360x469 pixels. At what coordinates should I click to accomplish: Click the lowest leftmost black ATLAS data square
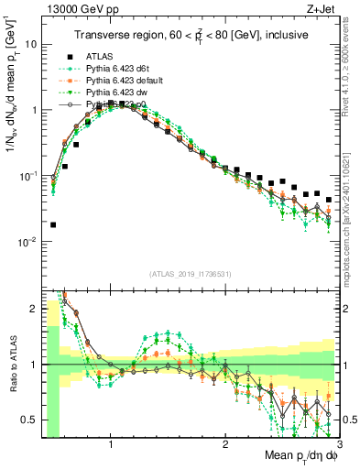53,224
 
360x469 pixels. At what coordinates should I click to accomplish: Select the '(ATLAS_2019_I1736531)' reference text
190,273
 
